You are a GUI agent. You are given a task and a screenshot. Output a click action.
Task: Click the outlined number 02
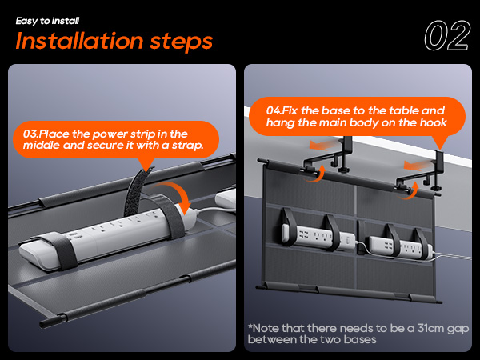pyautogui.click(x=447, y=35)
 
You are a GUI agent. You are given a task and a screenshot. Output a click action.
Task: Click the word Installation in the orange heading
pyautogui.click(x=79, y=41)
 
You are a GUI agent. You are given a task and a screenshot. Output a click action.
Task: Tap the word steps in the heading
pyautogui.click(x=182, y=42)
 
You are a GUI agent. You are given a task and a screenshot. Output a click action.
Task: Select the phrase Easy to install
pyautogui.click(x=47, y=21)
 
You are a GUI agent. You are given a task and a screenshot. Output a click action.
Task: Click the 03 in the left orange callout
pyautogui.click(x=30, y=134)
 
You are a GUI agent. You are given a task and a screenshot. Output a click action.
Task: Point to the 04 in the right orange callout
pyautogui.click(x=273, y=110)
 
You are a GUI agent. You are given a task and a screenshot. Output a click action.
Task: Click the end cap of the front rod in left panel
pyautogui.click(x=46, y=323)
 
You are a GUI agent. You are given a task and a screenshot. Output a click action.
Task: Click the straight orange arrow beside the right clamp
pyautogui.click(x=414, y=166)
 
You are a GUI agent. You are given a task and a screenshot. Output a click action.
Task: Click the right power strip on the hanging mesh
pyautogui.click(x=401, y=246)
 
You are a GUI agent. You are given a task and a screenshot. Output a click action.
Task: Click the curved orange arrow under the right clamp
pyautogui.click(x=410, y=191)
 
